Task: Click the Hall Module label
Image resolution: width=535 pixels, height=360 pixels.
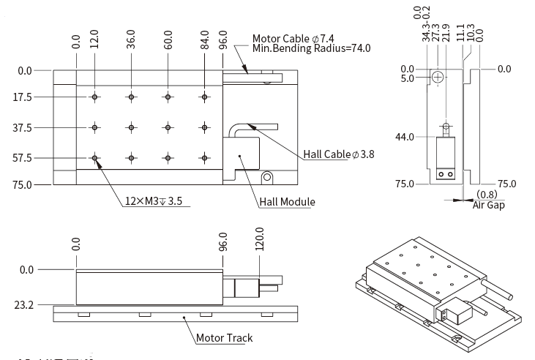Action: click(288, 202)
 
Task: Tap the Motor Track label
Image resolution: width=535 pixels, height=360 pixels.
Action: click(224, 339)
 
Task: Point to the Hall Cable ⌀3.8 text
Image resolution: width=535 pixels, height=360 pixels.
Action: click(338, 154)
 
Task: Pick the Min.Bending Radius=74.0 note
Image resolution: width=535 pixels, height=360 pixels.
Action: click(312, 49)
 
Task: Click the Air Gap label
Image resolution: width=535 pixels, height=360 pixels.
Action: click(488, 205)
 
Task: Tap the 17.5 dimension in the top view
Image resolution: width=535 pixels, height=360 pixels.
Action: click(23, 97)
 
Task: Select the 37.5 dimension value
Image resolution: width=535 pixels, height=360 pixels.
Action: click(23, 127)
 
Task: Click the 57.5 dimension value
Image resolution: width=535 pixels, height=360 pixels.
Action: click(23, 157)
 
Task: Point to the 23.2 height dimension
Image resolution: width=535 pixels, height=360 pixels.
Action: click(25, 304)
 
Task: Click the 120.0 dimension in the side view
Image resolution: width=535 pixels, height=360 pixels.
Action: click(258, 239)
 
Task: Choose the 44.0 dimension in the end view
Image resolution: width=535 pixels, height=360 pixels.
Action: click(404, 137)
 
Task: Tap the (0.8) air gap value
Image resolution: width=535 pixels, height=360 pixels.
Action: click(487, 195)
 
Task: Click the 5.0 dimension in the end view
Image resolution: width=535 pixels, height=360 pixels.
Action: click(406, 78)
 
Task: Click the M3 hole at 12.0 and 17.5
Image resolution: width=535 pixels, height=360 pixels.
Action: click(94, 97)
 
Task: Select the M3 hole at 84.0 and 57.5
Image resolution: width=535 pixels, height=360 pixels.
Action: click(205, 157)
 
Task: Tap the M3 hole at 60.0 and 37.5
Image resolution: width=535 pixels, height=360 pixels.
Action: click(168, 127)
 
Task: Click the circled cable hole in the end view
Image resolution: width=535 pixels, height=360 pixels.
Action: click(437, 77)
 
